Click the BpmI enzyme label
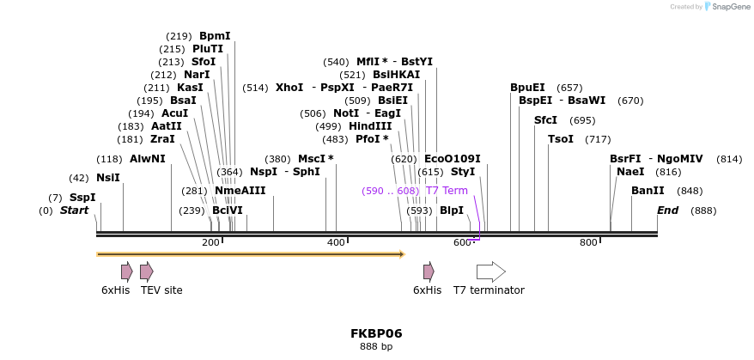coord(215,36)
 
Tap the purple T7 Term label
coord(447,191)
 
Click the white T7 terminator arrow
coord(490,272)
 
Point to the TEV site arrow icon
coord(147,272)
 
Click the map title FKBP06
coord(376,333)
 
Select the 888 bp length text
coord(376,347)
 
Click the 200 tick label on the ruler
coord(210,243)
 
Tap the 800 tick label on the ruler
coord(588,243)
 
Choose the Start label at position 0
coord(74,211)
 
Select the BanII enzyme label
coord(648,191)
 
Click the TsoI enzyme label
coord(561,139)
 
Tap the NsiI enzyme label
coord(107,178)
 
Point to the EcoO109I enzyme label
coord(452,159)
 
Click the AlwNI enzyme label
coord(148,159)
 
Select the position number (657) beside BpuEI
coord(569,88)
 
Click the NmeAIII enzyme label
coord(240,191)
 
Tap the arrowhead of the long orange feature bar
coord(401,254)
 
